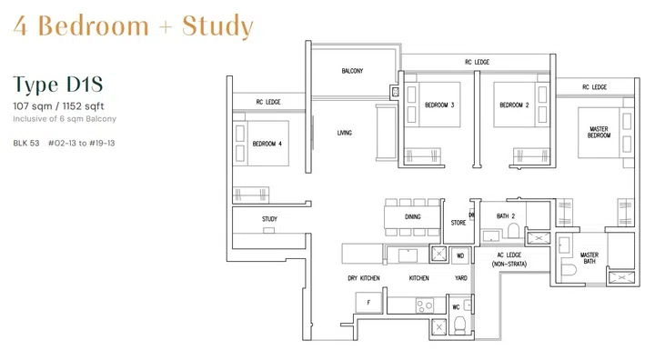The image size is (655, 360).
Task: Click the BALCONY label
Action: (x=353, y=71)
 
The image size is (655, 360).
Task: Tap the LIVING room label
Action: (x=344, y=134)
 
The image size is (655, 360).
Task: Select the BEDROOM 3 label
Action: (x=439, y=105)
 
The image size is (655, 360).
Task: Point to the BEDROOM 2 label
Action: (x=514, y=105)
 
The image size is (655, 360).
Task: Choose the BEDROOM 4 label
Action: (x=267, y=144)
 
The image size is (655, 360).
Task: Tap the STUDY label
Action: (x=269, y=219)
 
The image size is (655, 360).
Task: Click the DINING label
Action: (x=413, y=217)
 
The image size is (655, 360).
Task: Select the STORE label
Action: (x=459, y=223)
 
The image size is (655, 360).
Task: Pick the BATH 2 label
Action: (x=507, y=215)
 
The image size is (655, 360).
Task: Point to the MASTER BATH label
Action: (x=589, y=259)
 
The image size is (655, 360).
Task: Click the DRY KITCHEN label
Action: (x=363, y=278)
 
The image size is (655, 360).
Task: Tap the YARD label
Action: (x=461, y=278)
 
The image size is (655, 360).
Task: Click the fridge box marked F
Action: (x=368, y=301)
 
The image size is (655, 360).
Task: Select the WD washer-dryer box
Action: (x=460, y=255)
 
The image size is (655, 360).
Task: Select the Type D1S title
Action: (x=58, y=85)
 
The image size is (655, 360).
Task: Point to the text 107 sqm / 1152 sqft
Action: (x=58, y=106)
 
